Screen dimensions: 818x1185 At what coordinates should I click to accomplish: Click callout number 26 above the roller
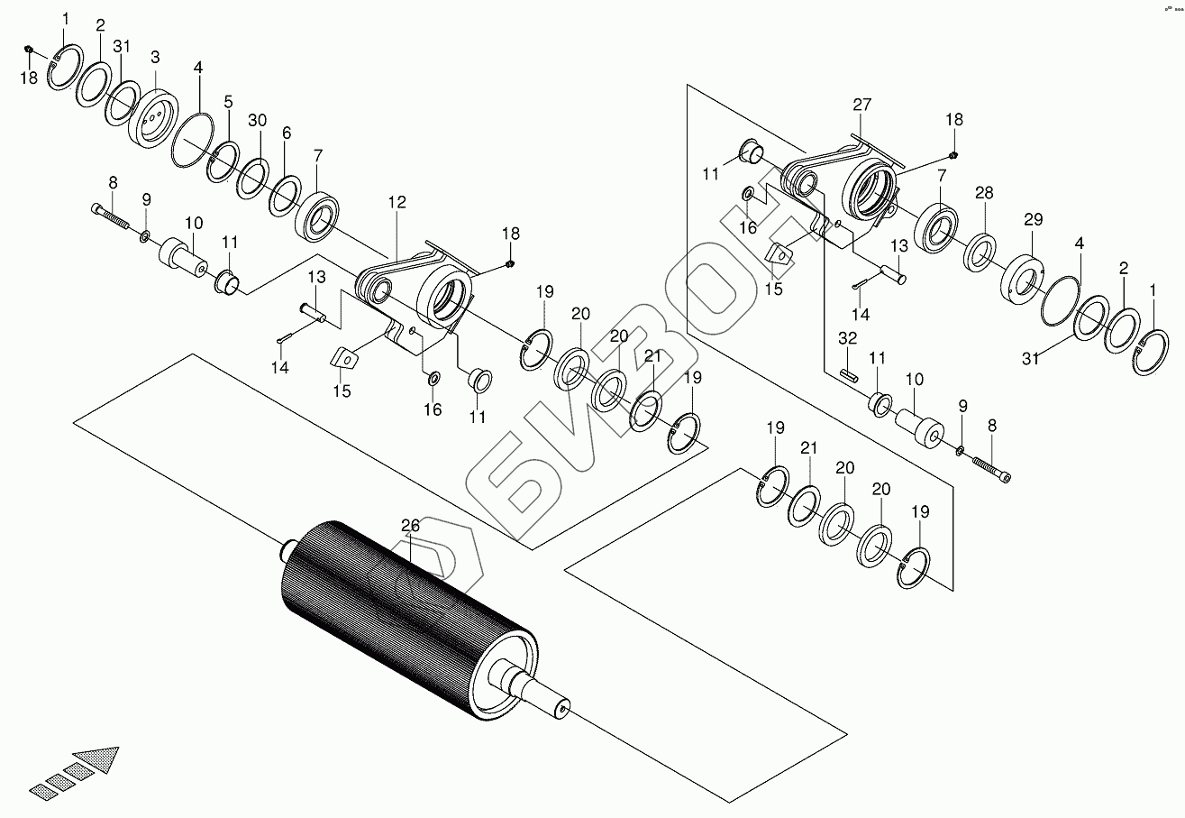411,525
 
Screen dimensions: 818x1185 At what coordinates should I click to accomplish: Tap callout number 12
397,204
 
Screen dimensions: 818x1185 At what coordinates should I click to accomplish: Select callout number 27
862,105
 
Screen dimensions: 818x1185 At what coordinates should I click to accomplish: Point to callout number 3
155,57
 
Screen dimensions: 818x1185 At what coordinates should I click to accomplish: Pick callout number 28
287,133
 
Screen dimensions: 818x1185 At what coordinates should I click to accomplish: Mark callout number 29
1033,219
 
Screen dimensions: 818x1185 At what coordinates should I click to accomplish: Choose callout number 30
258,121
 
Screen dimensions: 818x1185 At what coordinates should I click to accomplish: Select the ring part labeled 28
980,252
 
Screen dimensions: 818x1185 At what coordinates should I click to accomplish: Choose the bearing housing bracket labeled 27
847,185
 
